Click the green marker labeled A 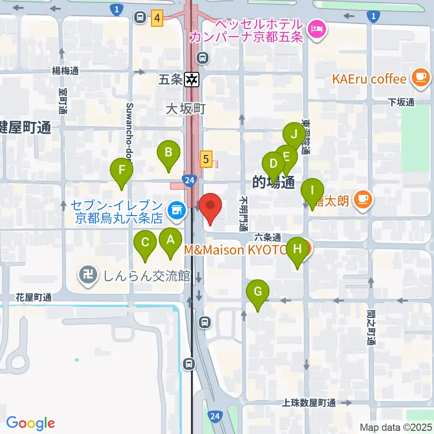[x=170, y=241]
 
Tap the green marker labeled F [x=122, y=170]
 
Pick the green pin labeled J [x=294, y=134]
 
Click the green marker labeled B [x=168, y=153]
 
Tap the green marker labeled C [x=146, y=243]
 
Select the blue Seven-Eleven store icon [x=175, y=209]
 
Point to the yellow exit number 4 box [x=157, y=19]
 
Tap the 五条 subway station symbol [x=192, y=80]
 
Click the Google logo [x=30, y=423]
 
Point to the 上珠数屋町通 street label [x=310, y=403]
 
